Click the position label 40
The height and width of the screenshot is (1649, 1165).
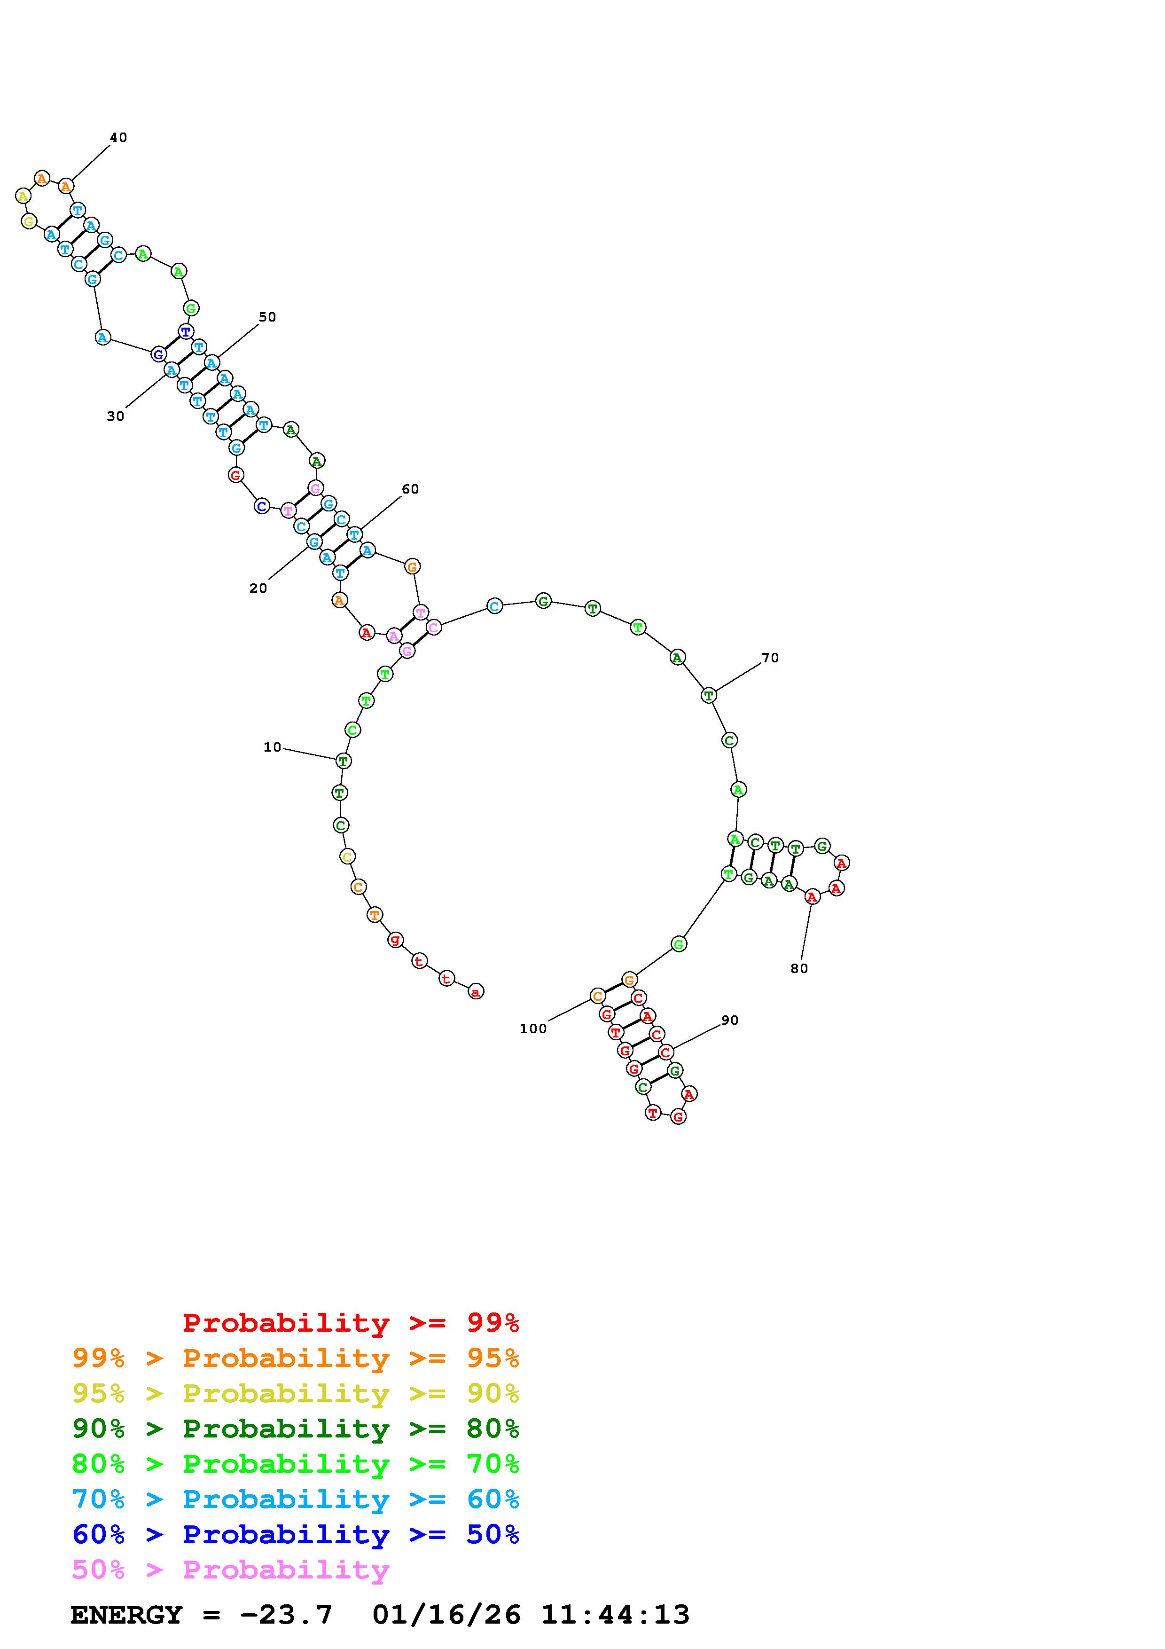pos(118,137)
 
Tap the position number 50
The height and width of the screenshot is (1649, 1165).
pos(267,317)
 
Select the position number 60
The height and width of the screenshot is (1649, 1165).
pos(410,489)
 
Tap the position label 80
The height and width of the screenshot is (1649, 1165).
pos(799,968)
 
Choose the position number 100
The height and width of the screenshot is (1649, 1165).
pos(533,1029)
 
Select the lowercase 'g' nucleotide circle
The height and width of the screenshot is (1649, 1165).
pos(395,939)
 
